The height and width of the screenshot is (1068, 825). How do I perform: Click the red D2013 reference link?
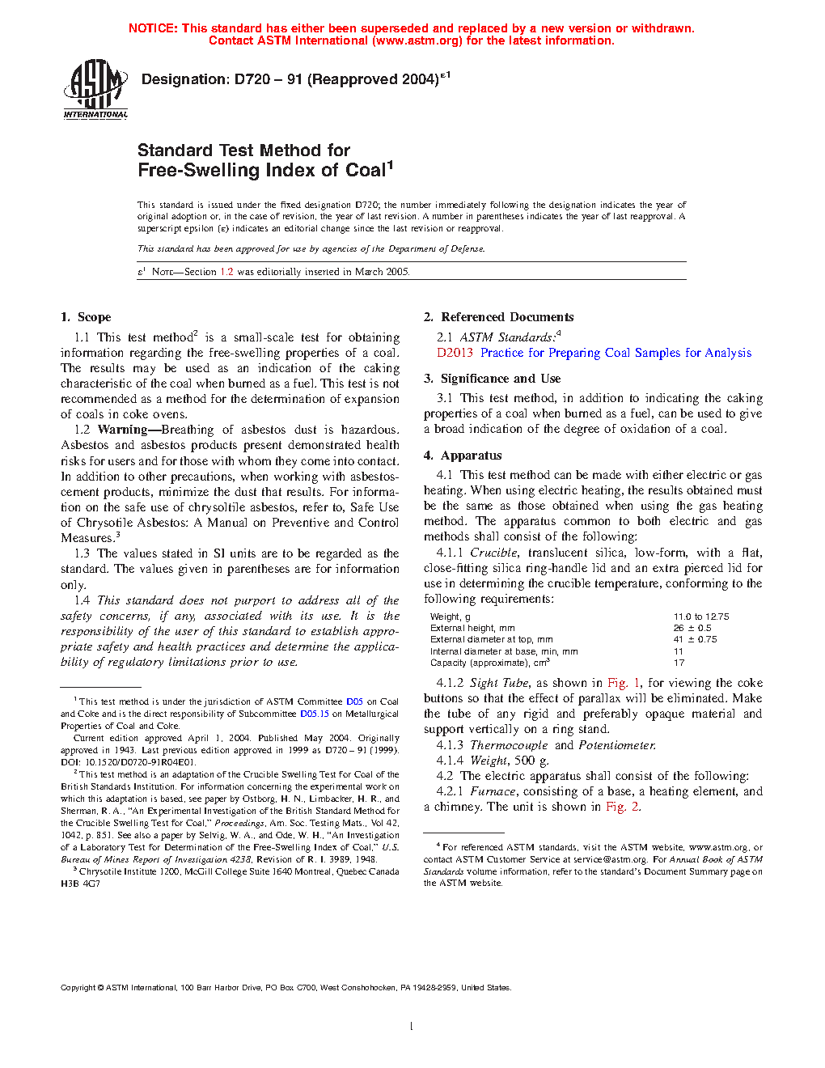point(455,353)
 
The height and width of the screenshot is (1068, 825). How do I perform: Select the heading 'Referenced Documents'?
point(507,317)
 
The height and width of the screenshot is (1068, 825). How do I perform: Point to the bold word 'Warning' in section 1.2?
point(122,430)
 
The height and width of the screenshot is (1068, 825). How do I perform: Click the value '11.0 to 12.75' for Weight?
point(701,617)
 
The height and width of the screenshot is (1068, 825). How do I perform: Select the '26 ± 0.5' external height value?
point(692,628)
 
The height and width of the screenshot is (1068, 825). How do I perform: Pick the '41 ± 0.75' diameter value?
point(695,639)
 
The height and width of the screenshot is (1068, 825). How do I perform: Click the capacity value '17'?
point(679,663)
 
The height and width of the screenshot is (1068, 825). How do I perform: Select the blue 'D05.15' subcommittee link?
point(315,714)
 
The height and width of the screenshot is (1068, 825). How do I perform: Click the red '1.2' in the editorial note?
point(226,272)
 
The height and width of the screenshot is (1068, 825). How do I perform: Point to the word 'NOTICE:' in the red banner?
point(153,28)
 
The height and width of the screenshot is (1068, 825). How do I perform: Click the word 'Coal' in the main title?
point(365,170)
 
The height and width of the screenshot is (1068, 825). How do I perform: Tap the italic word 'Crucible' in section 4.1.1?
point(493,553)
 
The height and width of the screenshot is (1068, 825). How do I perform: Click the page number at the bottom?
point(412,1027)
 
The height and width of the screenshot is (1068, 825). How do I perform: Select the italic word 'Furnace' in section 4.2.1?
point(493,791)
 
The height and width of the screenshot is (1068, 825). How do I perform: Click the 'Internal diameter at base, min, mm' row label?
point(504,651)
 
